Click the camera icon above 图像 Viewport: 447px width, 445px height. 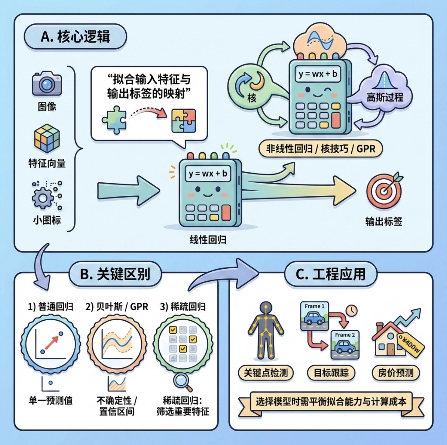click(47, 84)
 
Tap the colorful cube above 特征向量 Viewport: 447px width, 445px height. click(47, 138)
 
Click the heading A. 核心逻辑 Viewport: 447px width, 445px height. click(75, 37)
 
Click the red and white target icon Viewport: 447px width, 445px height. click(384, 191)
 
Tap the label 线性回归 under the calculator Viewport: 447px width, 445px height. click(208, 240)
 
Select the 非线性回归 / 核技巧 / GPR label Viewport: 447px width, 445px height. click(320, 149)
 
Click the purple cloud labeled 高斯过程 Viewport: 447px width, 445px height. click(385, 91)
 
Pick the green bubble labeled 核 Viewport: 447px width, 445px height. click(249, 86)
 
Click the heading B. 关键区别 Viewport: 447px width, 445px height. click(115, 274)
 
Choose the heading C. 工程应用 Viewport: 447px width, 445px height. click(331, 274)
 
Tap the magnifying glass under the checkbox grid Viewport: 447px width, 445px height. click(182, 382)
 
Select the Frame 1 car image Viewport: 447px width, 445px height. click(314, 316)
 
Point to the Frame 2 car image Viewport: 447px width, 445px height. click(345, 345)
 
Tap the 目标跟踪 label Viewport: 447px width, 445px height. click(331, 373)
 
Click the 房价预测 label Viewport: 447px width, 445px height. click(396, 373)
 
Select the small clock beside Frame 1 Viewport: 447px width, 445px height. click(352, 310)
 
